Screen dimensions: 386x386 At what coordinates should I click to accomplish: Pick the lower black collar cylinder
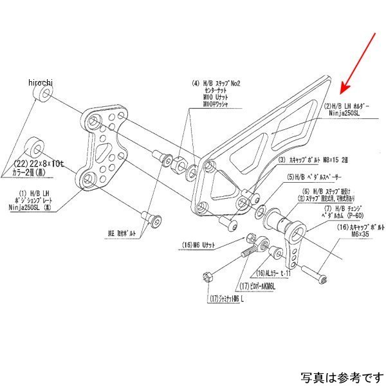[x=34, y=143]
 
